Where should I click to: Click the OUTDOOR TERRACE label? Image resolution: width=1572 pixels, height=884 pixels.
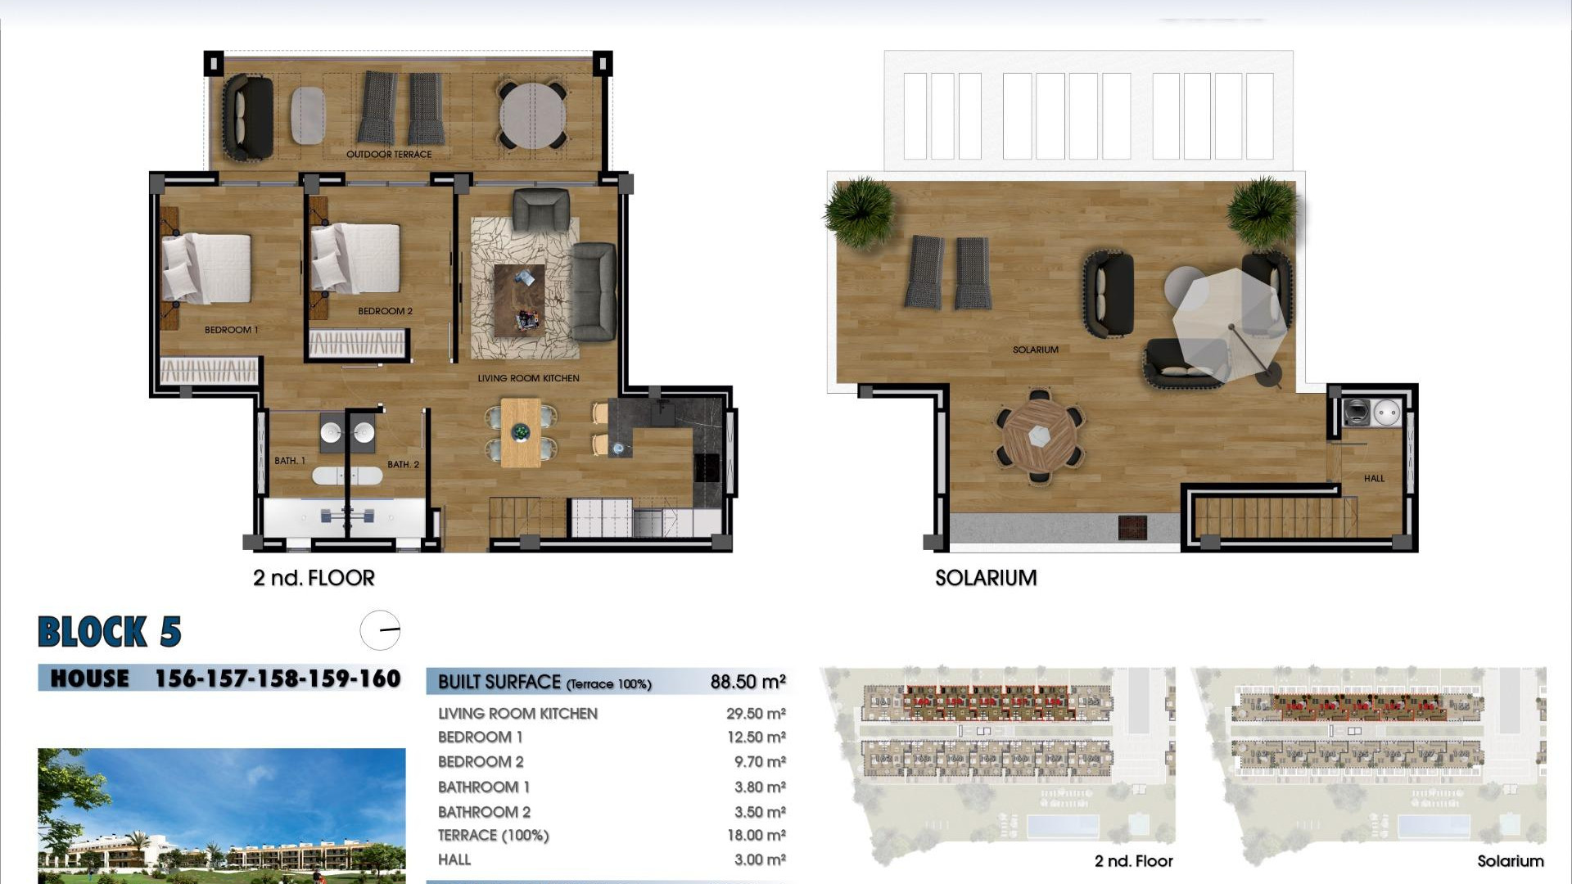(388, 154)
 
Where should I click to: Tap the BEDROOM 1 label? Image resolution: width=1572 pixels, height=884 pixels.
(231, 330)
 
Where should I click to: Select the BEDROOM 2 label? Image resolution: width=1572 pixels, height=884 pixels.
(385, 311)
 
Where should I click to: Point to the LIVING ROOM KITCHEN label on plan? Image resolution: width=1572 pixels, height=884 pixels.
(528, 378)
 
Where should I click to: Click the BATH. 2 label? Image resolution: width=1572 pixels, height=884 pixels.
(403, 464)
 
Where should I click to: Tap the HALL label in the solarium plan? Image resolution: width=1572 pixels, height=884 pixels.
(1374, 478)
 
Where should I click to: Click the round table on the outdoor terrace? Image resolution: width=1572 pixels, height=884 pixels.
(532, 115)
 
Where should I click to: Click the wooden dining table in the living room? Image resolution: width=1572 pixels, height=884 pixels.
(520, 432)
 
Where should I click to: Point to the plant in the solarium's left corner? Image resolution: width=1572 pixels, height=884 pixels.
(859, 210)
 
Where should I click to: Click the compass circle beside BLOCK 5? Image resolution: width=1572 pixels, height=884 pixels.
(380, 630)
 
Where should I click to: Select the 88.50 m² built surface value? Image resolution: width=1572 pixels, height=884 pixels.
(748, 682)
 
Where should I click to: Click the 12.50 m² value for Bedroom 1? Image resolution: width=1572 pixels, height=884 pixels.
(756, 737)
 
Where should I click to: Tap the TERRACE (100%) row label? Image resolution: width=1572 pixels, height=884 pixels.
(493, 836)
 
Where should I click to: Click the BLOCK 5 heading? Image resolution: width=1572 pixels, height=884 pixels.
(110, 632)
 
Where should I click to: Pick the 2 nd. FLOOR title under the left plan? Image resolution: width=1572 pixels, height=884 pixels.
(314, 578)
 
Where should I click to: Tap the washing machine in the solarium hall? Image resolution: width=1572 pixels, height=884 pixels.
(1356, 413)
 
